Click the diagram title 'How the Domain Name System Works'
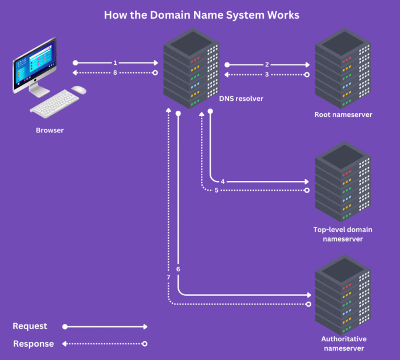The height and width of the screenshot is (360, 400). (201, 15)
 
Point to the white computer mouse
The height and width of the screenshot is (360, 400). (79, 90)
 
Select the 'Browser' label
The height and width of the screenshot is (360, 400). (50, 130)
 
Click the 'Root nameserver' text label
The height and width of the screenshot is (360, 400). (343, 114)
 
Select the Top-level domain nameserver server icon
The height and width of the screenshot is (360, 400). (343, 181)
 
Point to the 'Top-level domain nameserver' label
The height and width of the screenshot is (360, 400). (343, 234)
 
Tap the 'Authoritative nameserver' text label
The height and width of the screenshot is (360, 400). (343, 343)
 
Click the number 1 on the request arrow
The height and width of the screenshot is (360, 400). (116, 62)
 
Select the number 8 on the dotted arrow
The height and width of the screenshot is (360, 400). (116, 73)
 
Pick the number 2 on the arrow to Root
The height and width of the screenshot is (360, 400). (267, 65)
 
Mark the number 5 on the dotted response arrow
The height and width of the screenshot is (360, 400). (216, 190)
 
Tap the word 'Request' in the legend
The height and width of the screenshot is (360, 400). (30, 326)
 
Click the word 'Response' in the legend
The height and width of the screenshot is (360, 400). (33, 344)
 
